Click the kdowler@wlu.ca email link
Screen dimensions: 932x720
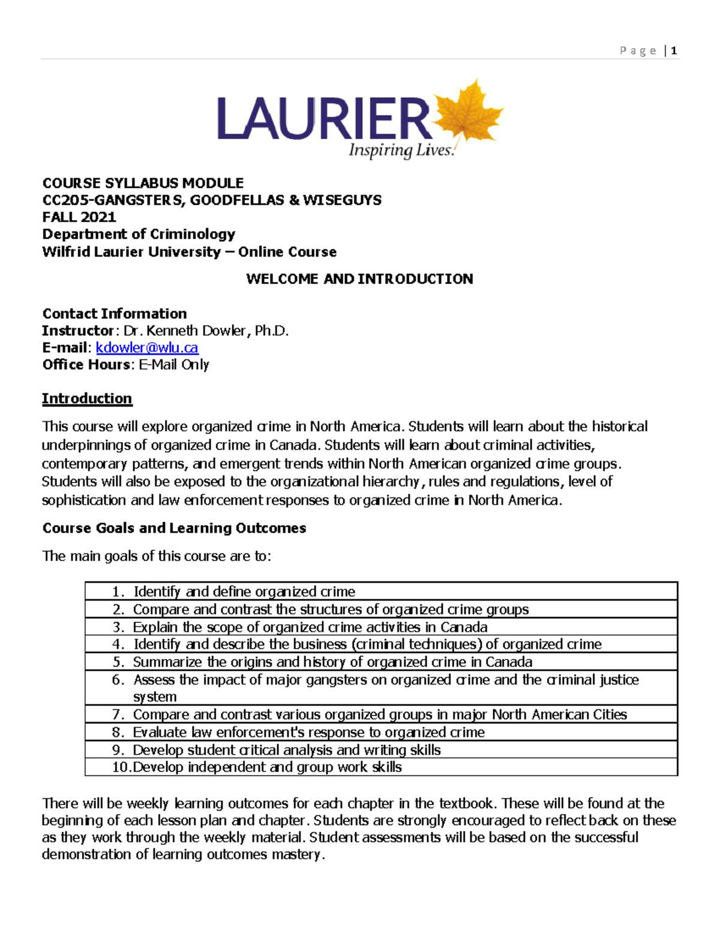(x=147, y=347)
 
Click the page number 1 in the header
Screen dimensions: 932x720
(x=674, y=51)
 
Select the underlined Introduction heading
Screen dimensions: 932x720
(x=87, y=398)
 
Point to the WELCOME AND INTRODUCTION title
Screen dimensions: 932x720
(x=359, y=278)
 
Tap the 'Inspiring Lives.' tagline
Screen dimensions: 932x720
(x=401, y=150)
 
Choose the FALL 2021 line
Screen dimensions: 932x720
(x=79, y=217)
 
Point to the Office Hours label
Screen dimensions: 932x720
(x=86, y=364)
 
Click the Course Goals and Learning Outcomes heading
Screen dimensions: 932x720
(x=174, y=528)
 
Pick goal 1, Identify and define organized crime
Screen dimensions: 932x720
(x=244, y=592)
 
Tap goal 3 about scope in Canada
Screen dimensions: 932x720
(x=310, y=627)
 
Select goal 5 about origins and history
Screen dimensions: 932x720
(x=332, y=662)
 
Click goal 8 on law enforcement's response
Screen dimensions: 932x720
(x=308, y=732)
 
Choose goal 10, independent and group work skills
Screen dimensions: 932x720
(x=267, y=767)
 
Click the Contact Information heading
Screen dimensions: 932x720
(x=115, y=313)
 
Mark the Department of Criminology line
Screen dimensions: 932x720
(x=139, y=234)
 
